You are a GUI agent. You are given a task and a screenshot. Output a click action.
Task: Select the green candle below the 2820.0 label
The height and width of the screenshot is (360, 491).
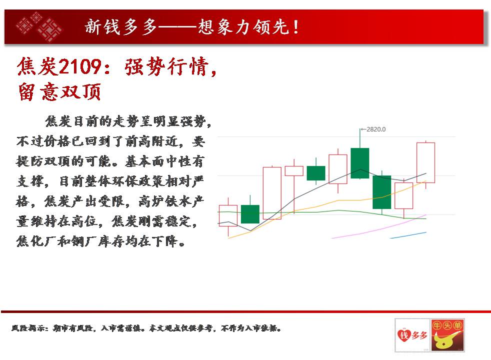(x=360, y=163)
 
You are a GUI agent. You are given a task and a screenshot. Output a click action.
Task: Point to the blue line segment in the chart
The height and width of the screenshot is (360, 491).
(x=408, y=235)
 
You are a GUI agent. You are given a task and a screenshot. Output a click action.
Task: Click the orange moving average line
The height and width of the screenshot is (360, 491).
(x=327, y=203)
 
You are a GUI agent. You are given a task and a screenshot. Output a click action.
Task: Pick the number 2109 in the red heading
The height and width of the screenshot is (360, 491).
(x=80, y=67)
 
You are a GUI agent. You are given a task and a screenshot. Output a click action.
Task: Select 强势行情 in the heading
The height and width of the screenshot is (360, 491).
(x=167, y=66)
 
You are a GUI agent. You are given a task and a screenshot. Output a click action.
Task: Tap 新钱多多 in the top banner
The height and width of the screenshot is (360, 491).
(x=120, y=27)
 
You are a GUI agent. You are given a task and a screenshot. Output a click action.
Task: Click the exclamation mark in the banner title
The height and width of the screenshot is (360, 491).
(x=296, y=27)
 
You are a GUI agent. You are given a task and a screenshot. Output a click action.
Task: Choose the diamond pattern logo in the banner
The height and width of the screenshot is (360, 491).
(x=39, y=26)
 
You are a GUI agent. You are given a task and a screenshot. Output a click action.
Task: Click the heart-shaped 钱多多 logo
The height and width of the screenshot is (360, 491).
(x=412, y=335)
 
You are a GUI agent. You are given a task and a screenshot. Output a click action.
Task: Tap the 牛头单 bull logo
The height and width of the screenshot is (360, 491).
(x=447, y=335)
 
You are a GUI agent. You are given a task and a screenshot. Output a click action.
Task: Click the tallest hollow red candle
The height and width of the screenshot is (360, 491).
(x=272, y=193)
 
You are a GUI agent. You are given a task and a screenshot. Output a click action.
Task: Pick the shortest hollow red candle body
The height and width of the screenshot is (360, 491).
(x=294, y=171)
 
